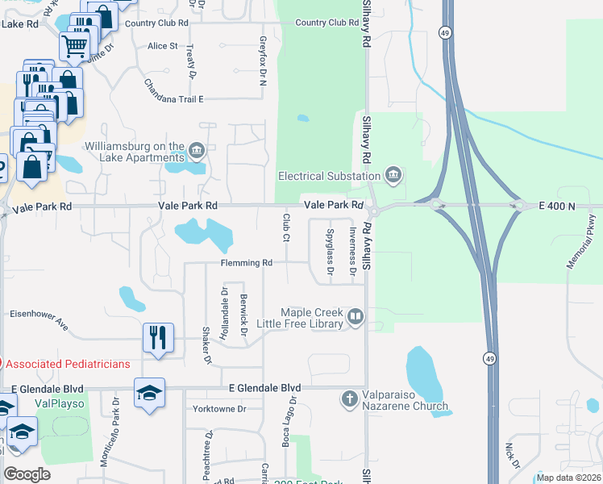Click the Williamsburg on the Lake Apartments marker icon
coord(197,151)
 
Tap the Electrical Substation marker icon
coord(393,175)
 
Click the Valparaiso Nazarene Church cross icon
coord(349,398)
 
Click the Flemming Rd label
coord(247,263)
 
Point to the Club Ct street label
coord(286,227)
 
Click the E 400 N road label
coord(556,207)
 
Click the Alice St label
coord(163,46)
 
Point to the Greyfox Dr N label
coord(263,60)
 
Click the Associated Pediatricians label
coord(68,364)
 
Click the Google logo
coord(27,474)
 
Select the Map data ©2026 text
coord(567,478)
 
